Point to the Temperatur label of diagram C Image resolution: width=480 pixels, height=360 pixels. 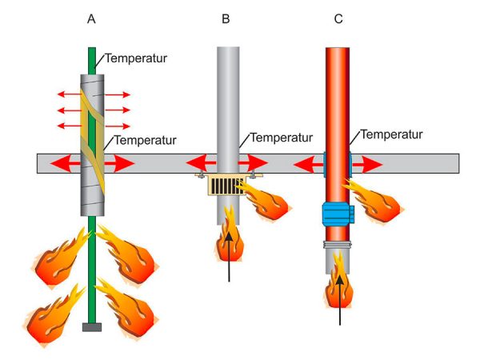pos(391,134)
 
